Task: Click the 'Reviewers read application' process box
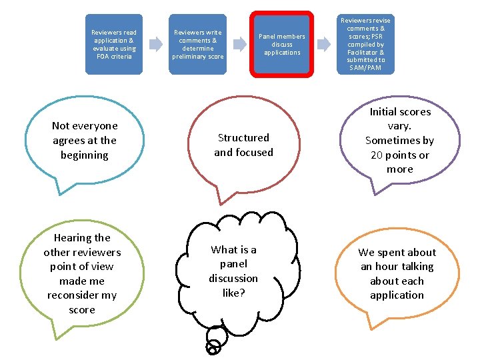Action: pyautogui.click(x=113, y=44)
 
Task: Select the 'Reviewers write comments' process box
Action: pyautogui.click(x=197, y=44)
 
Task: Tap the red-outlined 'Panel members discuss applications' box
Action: pyautogui.click(x=282, y=44)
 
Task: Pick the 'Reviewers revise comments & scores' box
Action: pyautogui.click(x=365, y=44)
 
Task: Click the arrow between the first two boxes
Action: pyautogui.click(x=155, y=45)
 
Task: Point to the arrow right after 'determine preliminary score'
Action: pyautogui.click(x=238, y=45)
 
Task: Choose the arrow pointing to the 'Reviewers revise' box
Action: pyautogui.click(x=323, y=45)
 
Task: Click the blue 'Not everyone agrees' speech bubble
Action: pyautogui.click(x=85, y=140)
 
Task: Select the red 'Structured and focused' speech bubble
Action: pyautogui.click(x=243, y=145)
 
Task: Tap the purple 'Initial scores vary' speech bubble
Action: pyautogui.click(x=400, y=140)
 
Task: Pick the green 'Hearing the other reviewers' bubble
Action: pyautogui.click(x=82, y=273)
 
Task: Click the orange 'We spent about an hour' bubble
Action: pyautogui.click(x=397, y=273)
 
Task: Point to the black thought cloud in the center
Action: pyautogui.click(x=233, y=270)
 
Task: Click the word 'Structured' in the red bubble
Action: pyautogui.click(x=243, y=138)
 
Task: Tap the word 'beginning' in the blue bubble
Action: pyautogui.click(x=84, y=155)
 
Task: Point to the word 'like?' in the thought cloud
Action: pyautogui.click(x=233, y=293)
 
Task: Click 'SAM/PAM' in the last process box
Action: pyautogui.click(x=365, y=68)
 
